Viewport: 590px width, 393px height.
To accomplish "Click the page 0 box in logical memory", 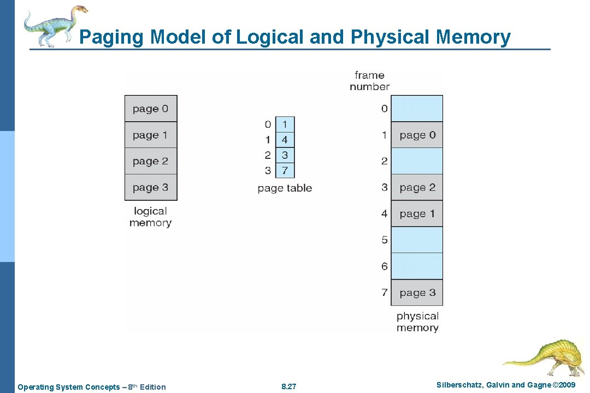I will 151,109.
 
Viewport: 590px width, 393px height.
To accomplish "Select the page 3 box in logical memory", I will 151,187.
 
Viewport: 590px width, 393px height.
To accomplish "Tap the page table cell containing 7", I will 285,170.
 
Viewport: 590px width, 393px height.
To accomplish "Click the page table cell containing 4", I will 285,140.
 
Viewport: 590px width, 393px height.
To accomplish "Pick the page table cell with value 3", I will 285,155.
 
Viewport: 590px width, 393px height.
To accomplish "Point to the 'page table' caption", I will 285,188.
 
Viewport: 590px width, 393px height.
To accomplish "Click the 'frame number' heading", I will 369,81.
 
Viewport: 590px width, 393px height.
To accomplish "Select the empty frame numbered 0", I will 417,109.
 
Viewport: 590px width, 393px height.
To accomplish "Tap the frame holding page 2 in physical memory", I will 417,187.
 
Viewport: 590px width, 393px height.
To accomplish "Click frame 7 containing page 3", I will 417,293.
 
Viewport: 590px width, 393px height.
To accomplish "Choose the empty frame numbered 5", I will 417,240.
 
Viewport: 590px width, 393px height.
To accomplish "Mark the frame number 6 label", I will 384,266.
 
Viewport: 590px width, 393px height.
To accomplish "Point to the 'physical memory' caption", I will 417,321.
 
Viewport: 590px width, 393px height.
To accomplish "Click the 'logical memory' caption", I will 150,217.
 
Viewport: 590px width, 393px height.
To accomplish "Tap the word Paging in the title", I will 112,37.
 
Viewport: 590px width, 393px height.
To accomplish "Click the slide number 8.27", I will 288,387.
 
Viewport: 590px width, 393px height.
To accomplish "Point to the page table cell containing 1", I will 285,124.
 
